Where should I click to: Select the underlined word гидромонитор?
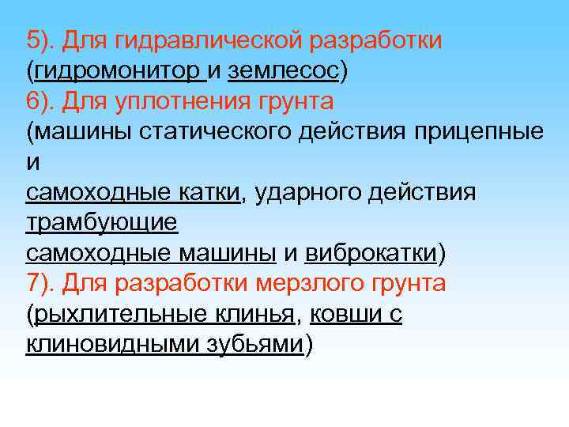click(118, 71)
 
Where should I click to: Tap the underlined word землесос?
click(283, 71)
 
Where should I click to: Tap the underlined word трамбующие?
click(102, 222)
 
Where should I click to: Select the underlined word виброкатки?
click(371, 253)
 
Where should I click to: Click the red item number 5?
click(33, 40)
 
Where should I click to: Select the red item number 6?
click(33, 101)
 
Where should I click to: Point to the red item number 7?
click(33, 283)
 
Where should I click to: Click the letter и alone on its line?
click(32, 163)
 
